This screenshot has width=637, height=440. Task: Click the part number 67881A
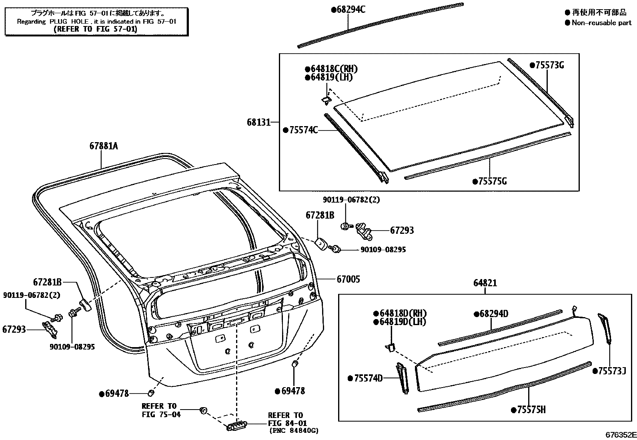coord(103,147)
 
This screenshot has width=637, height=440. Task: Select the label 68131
coord(258,122)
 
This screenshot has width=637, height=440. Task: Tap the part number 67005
coord(348,279)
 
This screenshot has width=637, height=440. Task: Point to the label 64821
coord(485,283)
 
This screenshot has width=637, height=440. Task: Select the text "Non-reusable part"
coord(601,23)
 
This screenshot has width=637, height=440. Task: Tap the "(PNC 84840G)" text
coord(294,431)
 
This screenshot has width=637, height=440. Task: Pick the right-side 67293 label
coord(402,230)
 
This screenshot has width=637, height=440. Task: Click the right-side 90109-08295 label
coord(383,249)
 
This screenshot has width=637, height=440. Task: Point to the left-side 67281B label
coord(47,282)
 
